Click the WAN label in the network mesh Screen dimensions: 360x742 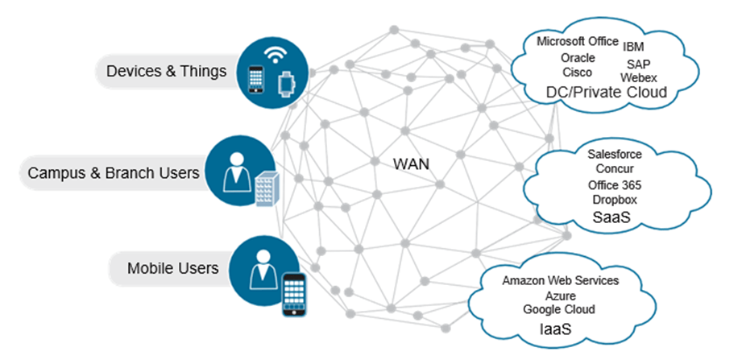coord(411,163)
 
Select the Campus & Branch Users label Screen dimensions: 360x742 coord(114,172)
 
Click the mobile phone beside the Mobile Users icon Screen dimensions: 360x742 coord(296,294)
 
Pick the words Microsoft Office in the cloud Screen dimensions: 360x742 coord(578,42)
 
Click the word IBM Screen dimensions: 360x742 coord(633,47)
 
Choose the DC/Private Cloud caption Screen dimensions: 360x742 coord(607,93)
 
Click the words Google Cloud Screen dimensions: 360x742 coord(558,309)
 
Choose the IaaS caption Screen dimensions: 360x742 coord(557,329)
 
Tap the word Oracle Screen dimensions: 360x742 coord(578,58)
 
